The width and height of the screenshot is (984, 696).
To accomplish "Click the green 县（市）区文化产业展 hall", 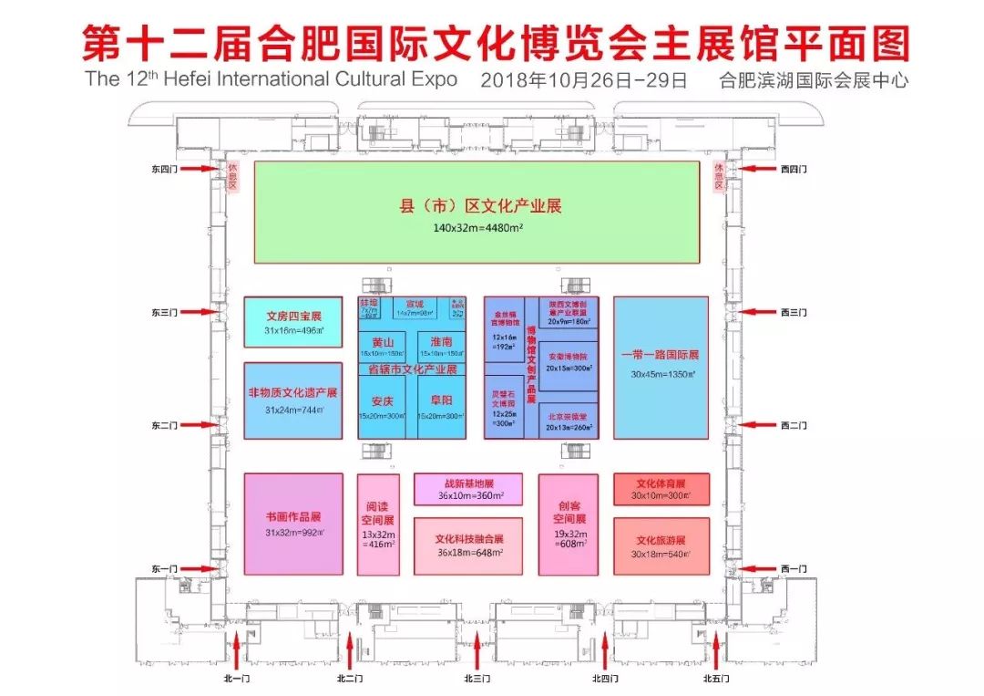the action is pos(477,213).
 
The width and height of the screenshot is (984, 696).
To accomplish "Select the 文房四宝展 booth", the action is pos(293,322).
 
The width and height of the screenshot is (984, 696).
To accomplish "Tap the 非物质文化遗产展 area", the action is pos(293,401).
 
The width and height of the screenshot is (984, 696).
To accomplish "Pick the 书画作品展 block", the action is pos(293,524).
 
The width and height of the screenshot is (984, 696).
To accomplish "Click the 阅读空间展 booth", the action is pos(378,525).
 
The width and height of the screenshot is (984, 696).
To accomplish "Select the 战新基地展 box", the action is pos(468,489).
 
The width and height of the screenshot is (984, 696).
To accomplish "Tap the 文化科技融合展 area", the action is pos(468,545).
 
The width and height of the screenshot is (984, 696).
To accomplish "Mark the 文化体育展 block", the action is pos(661,489).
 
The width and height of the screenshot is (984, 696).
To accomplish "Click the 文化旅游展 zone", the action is pos(661,545).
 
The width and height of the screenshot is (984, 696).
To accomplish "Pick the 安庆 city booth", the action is pos(386,406).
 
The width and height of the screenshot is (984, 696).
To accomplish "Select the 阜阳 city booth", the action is pos(441,406).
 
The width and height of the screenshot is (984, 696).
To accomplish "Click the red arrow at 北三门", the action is pos(477,651).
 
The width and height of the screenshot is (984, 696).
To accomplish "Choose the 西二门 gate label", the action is pos(794,425).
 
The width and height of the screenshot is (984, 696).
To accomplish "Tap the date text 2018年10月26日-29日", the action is pos(583,80).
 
